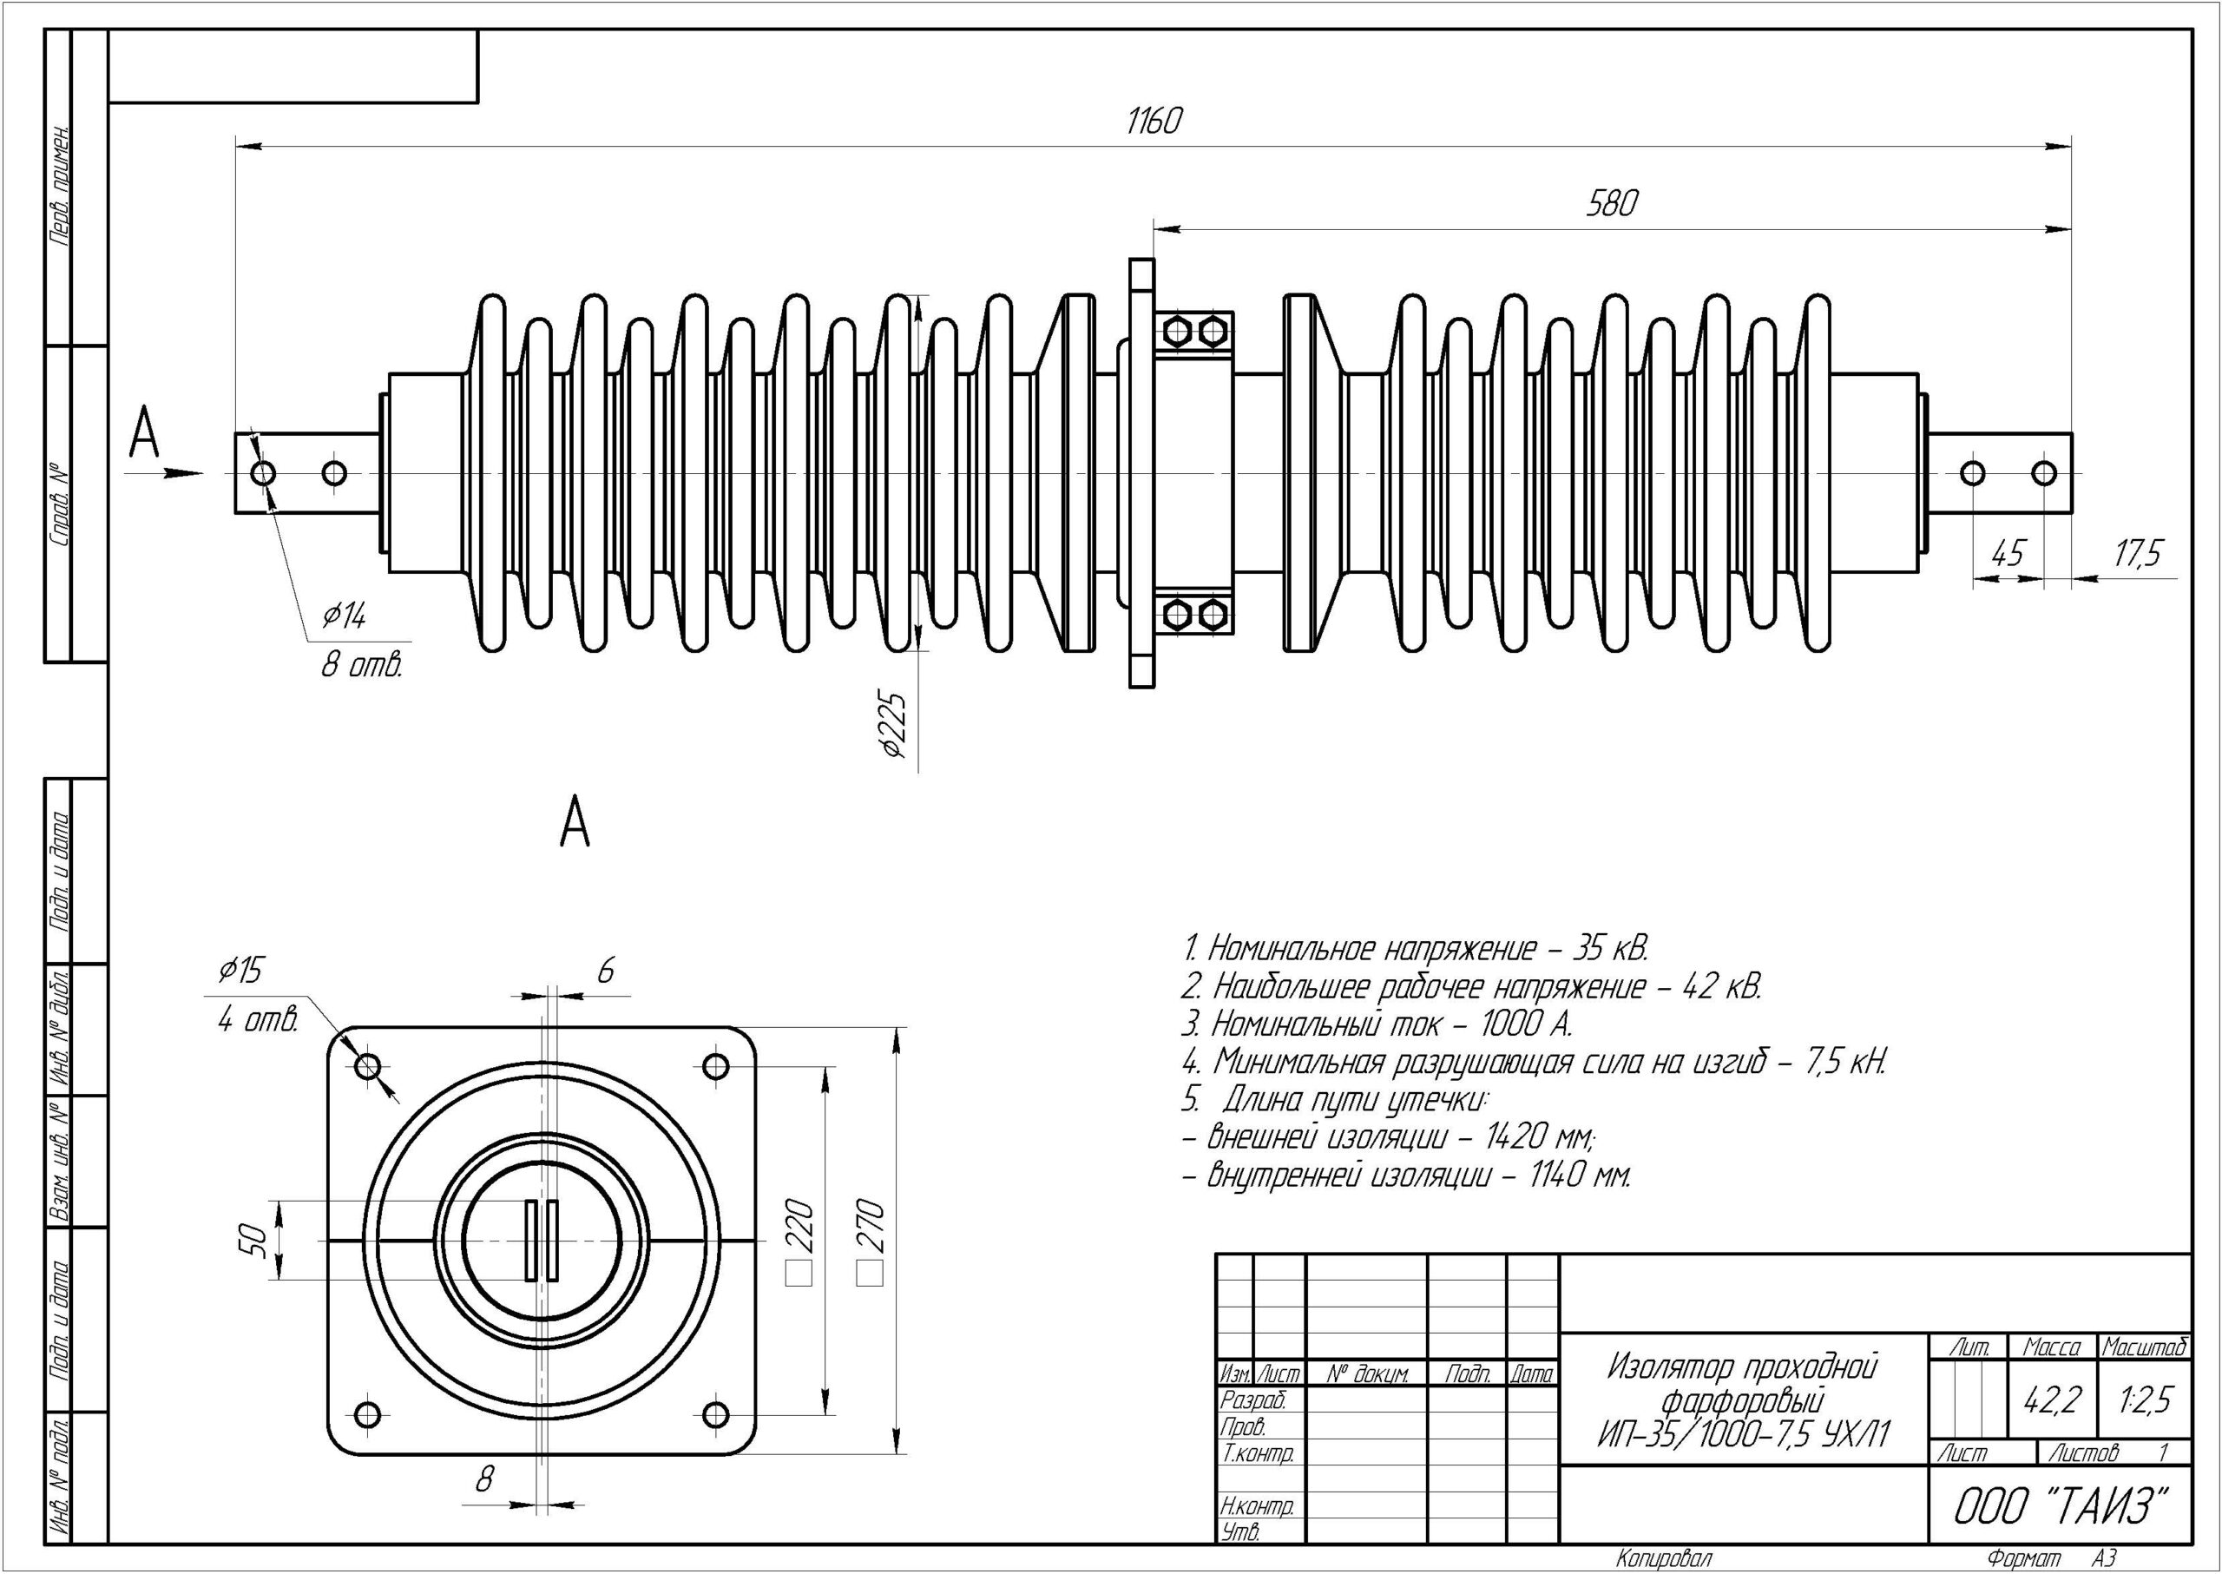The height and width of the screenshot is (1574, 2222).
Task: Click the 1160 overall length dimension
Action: coord(1154,122)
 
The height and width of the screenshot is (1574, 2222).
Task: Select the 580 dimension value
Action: coord(1612,203)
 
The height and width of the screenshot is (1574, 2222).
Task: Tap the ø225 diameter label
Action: coord(896,724)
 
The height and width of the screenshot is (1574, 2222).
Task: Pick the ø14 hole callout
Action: coord(344,616)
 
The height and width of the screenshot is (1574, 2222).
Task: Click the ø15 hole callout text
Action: coord(240,970)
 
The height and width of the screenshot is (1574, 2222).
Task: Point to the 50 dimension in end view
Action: coord(251,1240)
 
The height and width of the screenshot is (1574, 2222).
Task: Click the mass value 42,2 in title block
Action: coord(2052,1399)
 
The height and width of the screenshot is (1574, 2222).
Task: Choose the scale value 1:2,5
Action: coord(2146,1399)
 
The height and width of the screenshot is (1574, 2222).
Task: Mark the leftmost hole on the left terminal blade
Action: coord(263,474)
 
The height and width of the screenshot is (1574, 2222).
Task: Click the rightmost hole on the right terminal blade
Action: coord(2044,474)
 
